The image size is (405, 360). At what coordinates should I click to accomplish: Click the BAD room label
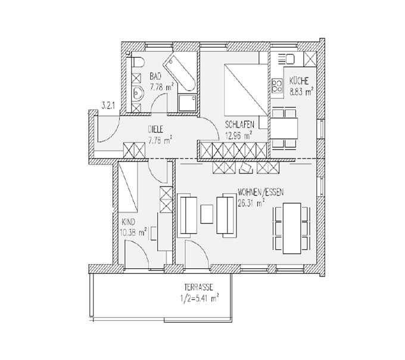[155, 76]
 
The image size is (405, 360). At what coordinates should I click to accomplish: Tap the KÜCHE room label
[299, 81]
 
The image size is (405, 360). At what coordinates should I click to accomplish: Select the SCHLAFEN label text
[239, 125]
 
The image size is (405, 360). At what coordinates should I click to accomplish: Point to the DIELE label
[157, 129]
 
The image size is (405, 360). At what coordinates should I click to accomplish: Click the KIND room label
[128, 222]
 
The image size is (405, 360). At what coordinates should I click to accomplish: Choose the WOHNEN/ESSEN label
[261, 193]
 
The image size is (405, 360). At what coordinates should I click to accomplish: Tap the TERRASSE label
[198, 287]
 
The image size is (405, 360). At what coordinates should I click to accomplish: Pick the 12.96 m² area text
[238, 136]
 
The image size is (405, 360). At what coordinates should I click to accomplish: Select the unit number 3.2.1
[107, 106]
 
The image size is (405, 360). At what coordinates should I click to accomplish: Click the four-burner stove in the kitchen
[277, 86]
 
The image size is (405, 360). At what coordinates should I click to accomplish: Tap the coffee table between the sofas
[207, 214]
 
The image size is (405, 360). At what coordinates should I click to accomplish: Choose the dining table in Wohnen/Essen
[292, 228]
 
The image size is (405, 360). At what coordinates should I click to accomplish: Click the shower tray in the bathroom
[188, 103]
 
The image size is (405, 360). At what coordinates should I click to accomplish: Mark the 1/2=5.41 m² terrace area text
[199, 299]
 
